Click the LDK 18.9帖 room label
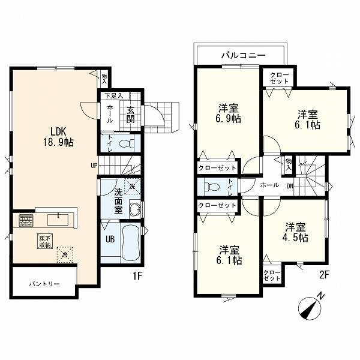[x=59, y=137]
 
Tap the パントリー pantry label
[x=44, y=284]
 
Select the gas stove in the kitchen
[x=26, y=220]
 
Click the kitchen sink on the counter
[x=58, y=219]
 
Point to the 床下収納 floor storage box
[x=45, y=241]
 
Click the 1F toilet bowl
[x=127, y=144]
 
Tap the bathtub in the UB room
[x=131, y=242]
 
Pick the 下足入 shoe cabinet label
[x=114, y=96]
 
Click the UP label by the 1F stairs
[x=94, y=166]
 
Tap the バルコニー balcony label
[x=244, y=55]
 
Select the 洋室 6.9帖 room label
[x=229, y=113]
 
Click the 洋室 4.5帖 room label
[x=295, y=232]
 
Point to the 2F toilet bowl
[x=211, y=187]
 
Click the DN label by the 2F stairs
[x=290, y=186]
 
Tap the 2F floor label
[x=325, y=275]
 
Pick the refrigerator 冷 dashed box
[x=65, y=254]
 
